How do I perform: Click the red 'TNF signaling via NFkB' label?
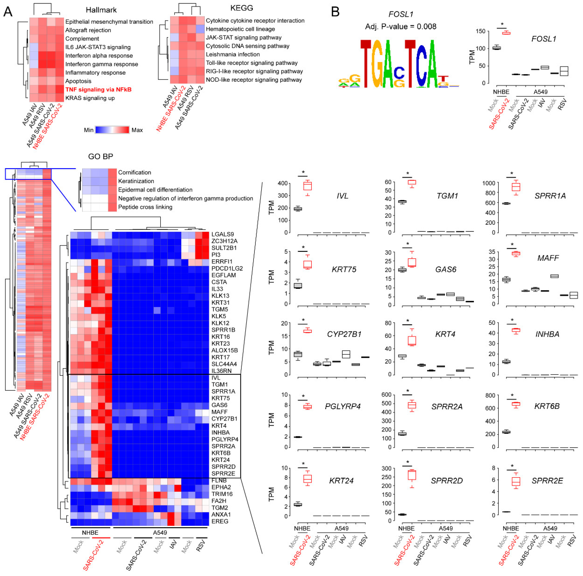[98, 90]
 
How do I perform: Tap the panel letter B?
[335, 12]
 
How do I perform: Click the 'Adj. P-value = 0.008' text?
[400, 27]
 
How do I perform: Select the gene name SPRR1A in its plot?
[550, 196]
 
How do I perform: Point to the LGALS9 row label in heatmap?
[222, 234]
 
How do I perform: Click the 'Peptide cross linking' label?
[145, 207]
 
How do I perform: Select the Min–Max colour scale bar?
[112, 130]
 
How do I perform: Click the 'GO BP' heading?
[101, 156]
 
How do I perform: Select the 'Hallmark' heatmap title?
[101, 10]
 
